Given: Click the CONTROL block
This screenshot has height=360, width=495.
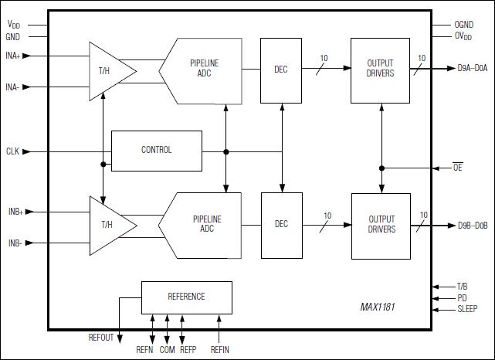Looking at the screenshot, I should (157, 150).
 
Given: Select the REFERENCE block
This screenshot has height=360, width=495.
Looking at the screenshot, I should (186, 297).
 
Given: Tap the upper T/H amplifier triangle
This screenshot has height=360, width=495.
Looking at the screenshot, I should (107, 70).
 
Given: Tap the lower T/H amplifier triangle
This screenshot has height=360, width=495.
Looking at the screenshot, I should (108, 225).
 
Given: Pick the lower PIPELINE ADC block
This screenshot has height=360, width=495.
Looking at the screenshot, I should (202, 224).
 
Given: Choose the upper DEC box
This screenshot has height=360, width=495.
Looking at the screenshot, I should (281, 70).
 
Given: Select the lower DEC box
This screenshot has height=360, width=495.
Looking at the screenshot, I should (281, 225).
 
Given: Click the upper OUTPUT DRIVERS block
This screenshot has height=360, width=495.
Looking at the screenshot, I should (381, 70).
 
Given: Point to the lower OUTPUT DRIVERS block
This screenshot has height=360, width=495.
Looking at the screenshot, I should (381, 225).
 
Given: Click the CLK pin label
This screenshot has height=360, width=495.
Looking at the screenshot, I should (12, 151).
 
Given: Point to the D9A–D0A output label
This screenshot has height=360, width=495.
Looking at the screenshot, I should (472, 69).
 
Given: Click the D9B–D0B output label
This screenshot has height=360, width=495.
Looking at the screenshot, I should (472, 226).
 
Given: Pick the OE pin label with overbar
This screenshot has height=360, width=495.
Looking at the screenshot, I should (457, 167).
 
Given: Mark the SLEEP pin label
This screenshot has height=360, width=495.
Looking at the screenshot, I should (466, 310).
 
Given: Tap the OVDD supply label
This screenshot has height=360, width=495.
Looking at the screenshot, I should (463, 36).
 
